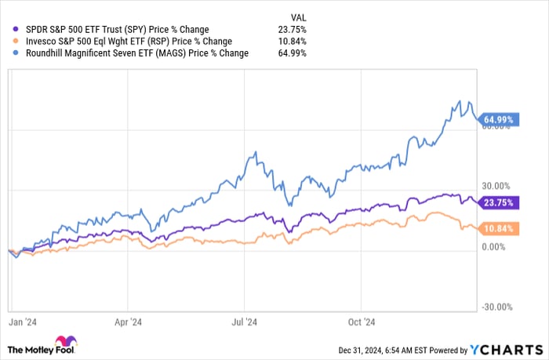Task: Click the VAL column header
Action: pyautogui.click(x=296, y=16)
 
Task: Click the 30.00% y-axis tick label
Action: pyautogui.click(x=496, y=186)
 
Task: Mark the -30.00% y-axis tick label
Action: pyautogui.click(x=496, y=307)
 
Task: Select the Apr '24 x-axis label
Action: pyautogui.click(x=128, y=321)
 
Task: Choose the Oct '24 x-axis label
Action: pyautogui.click(x=361, y=321)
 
